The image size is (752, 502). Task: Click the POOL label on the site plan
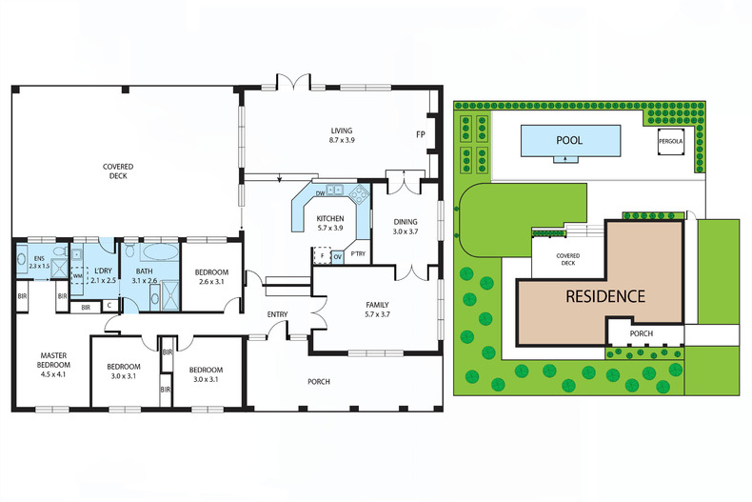569,140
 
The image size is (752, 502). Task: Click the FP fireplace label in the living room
420,134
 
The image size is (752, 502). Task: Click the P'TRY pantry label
358,254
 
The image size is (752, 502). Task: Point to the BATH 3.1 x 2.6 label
144,275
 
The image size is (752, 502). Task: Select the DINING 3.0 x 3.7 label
405,227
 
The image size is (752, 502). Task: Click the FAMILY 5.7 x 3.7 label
378,310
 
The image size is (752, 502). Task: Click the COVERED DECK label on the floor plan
119,171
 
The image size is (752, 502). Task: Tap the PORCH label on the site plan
642,333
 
